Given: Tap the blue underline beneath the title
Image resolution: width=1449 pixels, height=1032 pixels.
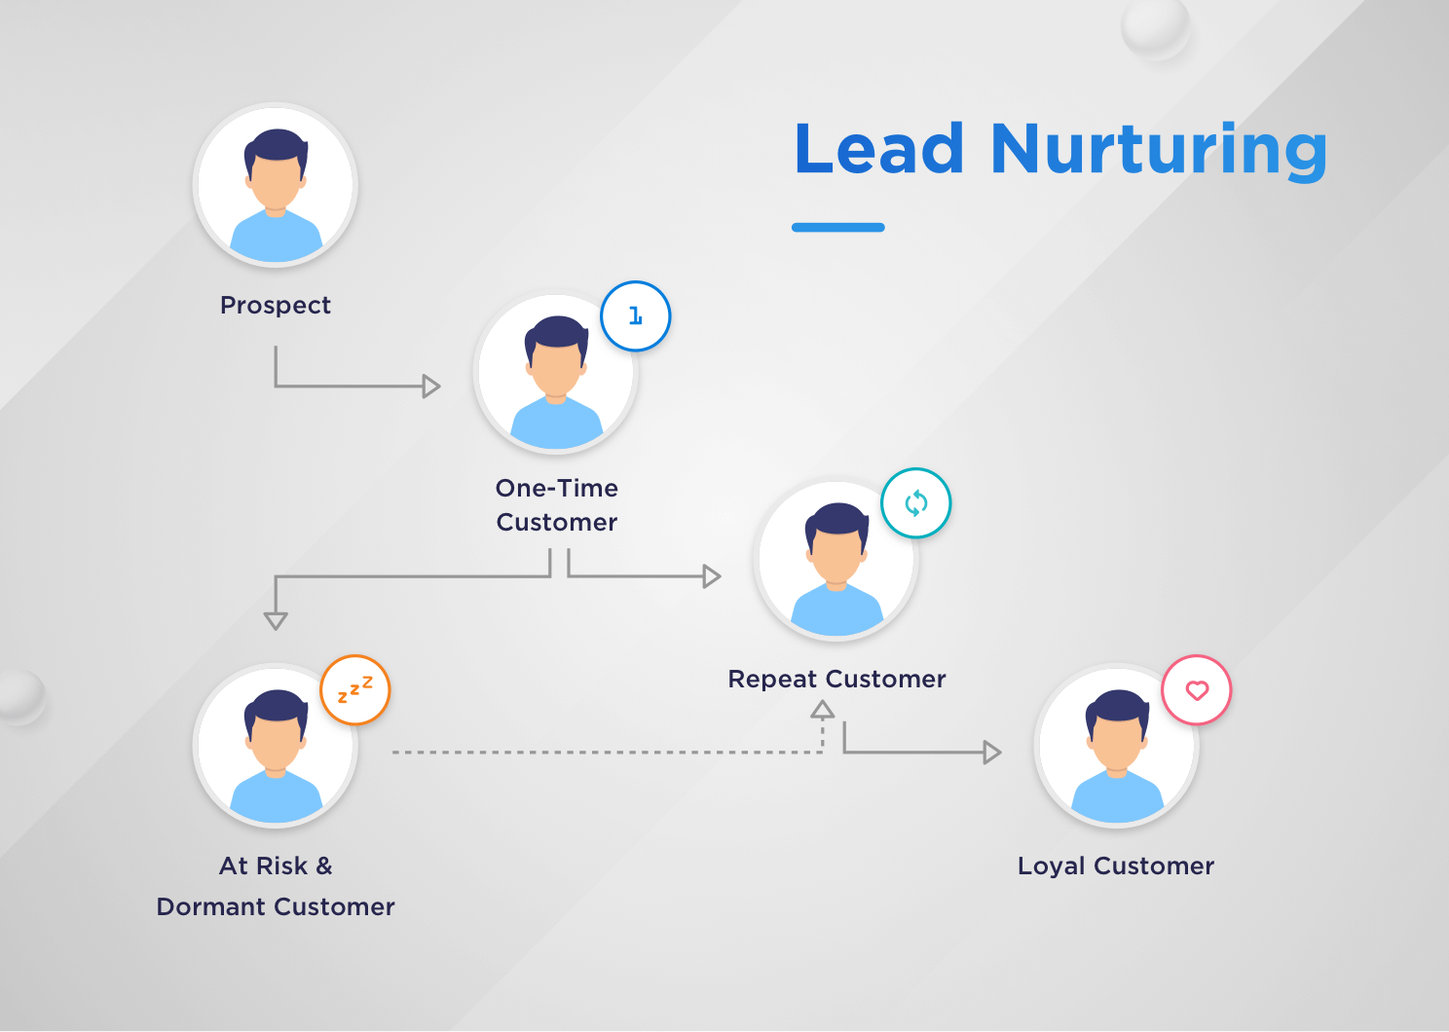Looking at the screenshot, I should pyautogui.click(x=837, y=228).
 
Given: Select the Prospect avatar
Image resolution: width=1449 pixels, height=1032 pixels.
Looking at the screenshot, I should pyautogui.click(x=276, y=185).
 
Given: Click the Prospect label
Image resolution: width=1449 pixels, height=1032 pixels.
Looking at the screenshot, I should pyautogui.click(x=276, y=306).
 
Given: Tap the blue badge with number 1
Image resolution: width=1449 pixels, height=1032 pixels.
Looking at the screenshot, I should pyautogui.click(x=636, y=316).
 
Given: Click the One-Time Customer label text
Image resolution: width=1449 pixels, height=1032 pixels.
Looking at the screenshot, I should pyautogui.click(x=557, y=505).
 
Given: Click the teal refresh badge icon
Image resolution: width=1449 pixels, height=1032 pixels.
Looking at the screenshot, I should pyautogui.click(x=916, y=503).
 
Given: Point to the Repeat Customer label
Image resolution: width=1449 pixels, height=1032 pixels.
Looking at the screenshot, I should pyautogui.click(x=836, y=679).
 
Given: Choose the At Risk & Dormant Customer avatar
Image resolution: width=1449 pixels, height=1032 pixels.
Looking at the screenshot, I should pyautogui.click(x=276, y=746).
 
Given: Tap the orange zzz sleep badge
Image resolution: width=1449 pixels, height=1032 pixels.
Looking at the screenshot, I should pyautogui.click(x=355, y=689).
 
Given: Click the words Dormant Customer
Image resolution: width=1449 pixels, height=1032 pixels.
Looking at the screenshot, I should pyautogui.click(x=276, y=906).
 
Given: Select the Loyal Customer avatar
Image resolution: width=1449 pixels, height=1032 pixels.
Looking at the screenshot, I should pyautogui.click(x=1117, y=746).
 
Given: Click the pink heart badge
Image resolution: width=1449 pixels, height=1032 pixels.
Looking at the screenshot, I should pyautogui.click(x=1197, y=690).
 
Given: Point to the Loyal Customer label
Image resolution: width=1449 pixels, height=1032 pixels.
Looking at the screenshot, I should pyautogui.click(x=1116, y=866).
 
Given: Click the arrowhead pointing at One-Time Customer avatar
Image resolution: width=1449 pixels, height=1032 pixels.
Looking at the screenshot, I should pyautogui.click(x=431, y=387).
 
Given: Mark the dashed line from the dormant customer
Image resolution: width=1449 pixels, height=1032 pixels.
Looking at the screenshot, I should pyautogui.click(x=604, y=753).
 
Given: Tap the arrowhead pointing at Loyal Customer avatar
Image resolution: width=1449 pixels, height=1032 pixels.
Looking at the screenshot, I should pyautogui.click(x=992, y=753).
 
